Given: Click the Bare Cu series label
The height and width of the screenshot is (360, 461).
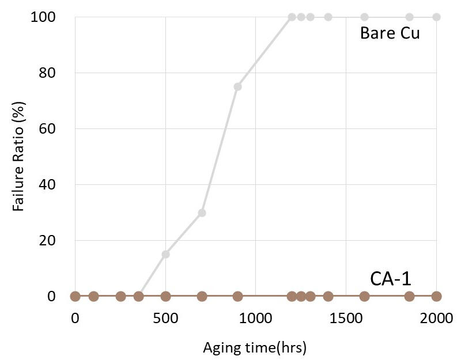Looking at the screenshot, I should click(390, 33).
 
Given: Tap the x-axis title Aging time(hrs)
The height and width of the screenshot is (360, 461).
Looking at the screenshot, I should click(255, 347).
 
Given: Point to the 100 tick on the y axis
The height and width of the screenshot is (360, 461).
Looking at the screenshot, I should click(44, 17).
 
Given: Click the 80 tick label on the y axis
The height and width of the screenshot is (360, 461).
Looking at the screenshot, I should click(47, 73).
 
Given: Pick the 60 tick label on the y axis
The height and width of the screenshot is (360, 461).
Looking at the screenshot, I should click(47, 129).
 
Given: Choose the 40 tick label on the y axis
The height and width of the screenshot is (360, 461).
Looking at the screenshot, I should click(47, 185).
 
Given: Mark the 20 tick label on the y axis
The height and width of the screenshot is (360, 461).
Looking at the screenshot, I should click(47, 241).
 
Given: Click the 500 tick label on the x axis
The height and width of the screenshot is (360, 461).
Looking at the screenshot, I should click(165, 319).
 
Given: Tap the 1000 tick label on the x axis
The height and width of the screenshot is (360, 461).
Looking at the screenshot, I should click(255, 319).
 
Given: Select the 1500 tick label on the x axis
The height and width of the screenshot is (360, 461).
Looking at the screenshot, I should click(346, 319).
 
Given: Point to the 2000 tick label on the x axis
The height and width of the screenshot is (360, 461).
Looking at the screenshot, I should click(436, 319).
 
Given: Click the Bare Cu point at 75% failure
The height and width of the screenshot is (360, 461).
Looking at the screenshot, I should click(237, 87).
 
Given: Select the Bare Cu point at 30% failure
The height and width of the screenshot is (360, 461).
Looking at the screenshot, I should click(202, 213).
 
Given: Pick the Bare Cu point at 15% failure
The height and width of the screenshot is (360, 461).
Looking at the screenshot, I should click(165, 254).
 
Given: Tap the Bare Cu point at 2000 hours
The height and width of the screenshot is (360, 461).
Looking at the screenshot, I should click(436, 17).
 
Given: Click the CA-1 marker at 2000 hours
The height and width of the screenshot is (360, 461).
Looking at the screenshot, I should click(436, 296).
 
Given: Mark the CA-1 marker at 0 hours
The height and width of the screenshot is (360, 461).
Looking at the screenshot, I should click(75, 296).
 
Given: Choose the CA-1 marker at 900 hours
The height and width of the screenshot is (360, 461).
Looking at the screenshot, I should click(237, 296).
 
